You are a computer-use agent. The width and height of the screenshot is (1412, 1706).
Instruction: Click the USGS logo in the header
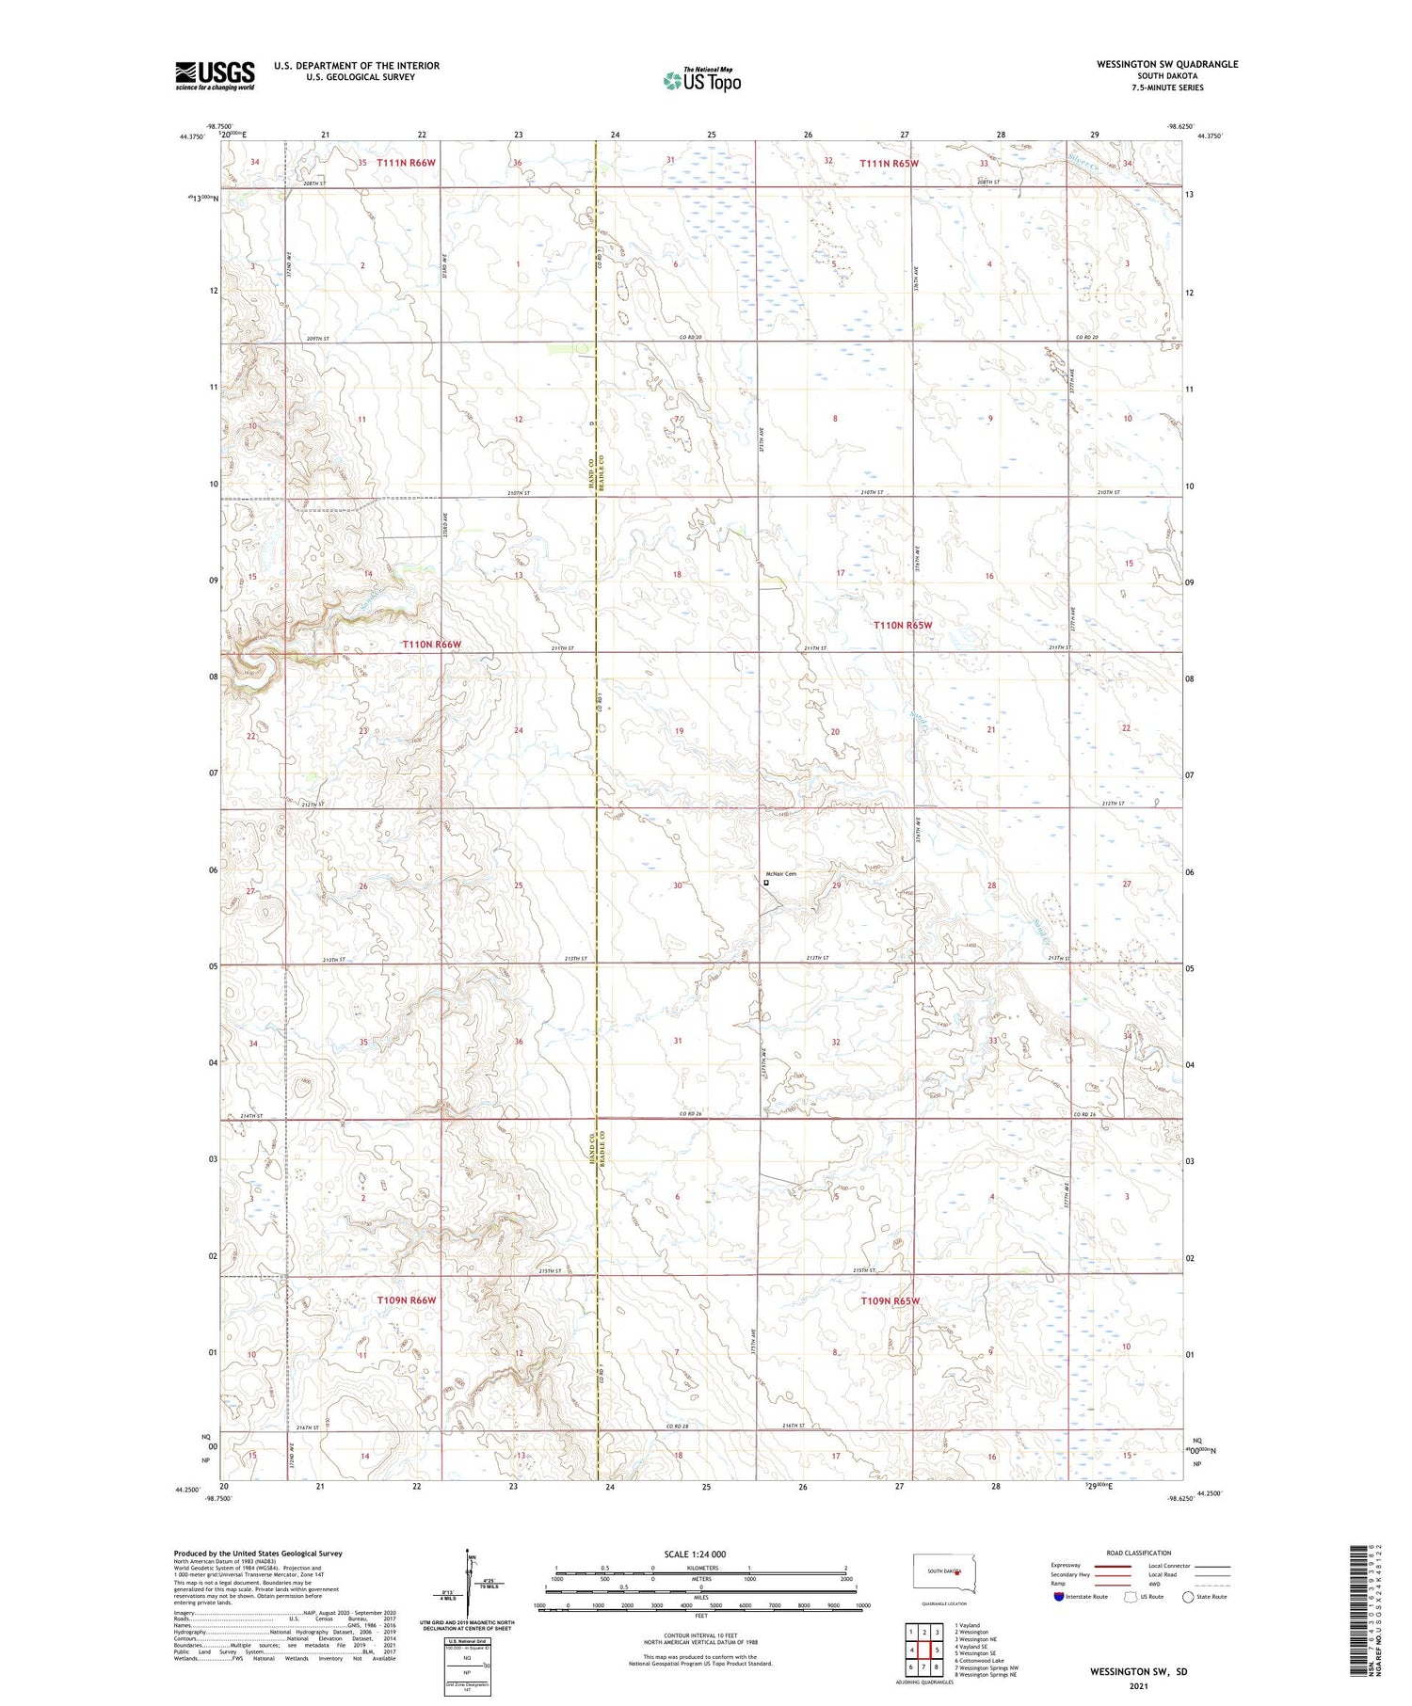[x=215, y=75]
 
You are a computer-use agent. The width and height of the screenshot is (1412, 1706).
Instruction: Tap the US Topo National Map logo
[x=701, y=80]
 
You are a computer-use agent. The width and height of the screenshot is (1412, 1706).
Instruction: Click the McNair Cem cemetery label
[x=780, y=874]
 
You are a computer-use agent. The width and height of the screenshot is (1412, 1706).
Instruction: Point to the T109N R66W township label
[x=407, y=1300]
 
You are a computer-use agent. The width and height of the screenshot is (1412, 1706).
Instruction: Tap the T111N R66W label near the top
[x=406, y=163]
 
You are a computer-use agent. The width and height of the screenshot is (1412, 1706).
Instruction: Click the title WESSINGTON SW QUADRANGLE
[x=1166, y=64]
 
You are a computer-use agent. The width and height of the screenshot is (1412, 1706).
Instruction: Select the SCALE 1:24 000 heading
[x=694, y=1554]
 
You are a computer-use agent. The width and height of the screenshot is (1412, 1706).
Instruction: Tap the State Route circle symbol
[x=1188, y=1597]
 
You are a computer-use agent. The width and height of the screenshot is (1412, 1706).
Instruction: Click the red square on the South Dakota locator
[x=957, y=1571]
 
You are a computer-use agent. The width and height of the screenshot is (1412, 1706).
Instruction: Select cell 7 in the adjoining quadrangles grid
[x=911, y=1667]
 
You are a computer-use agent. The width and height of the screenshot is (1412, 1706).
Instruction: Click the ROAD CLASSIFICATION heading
[x=1138, y=1553]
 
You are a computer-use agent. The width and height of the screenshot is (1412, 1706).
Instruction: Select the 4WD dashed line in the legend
[x=1213, y=1583]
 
